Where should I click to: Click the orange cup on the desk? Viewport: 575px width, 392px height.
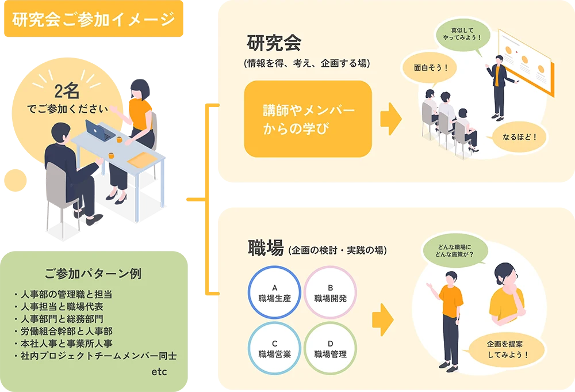point(120,139)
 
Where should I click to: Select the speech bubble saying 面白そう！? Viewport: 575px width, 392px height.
point(431,67)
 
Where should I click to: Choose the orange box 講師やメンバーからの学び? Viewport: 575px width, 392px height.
point(308,119)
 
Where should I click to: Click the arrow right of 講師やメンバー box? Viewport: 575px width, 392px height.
point(390,119)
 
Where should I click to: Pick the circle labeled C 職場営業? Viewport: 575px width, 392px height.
point(274,349)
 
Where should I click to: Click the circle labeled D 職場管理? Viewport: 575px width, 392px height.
point(331,349)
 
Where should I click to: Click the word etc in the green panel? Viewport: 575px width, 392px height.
point(159,372)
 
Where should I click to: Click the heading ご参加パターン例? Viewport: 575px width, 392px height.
point(93,273)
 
